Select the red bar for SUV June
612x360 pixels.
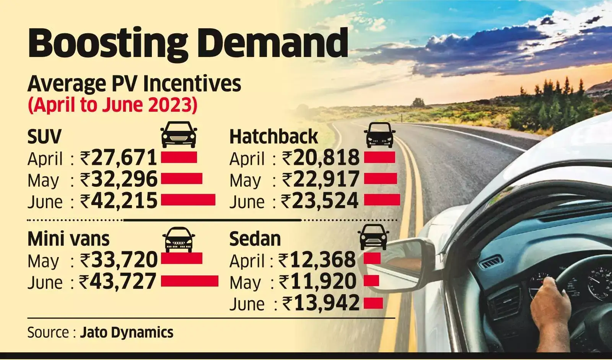(x=188, y=200)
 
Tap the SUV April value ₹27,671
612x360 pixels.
(x=119, y=158)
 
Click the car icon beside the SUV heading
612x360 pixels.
(x=179, y=134)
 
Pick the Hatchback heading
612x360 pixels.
(x=273, y=137)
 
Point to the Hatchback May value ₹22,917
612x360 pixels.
(x=321, y=179)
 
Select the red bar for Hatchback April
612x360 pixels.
(x=379, y=158)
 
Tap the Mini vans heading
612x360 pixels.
(x=68, y=239)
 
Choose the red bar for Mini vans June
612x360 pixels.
(x=189, y=281)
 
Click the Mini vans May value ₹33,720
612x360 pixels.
(x=119, y=260)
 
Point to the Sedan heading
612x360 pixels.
(x=255, y=239)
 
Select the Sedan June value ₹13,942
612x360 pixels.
(x=321, y=303)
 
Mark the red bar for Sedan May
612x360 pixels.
(x=371, y=281)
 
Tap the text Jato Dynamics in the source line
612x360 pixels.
(x=127, y=332)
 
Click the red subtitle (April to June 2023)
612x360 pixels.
(x=112, y=105)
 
